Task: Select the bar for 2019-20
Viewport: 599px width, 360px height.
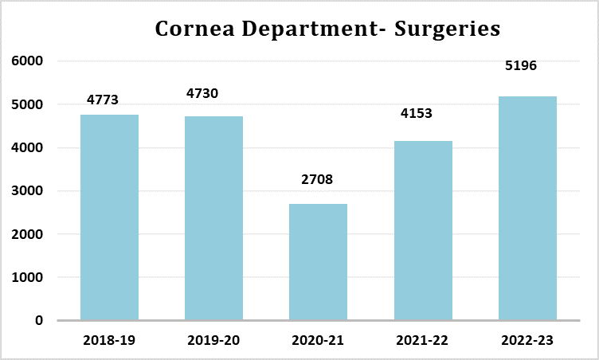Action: (x=213, y=218)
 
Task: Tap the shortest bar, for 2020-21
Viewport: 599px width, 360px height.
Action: (x=318, y=262)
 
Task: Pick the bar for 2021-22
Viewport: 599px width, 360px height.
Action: (x=422, y=231)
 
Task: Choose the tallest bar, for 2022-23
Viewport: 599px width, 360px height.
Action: (x=527, y=209)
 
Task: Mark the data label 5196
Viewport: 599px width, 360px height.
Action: (x=521, y=65)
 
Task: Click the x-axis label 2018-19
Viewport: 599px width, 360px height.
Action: (x=109, y=341)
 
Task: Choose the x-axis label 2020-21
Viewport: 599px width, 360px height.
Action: (x=318, y=341)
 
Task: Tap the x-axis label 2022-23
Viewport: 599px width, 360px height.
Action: (x=527, y=341)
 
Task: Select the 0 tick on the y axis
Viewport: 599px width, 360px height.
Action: (x=38, y=321)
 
